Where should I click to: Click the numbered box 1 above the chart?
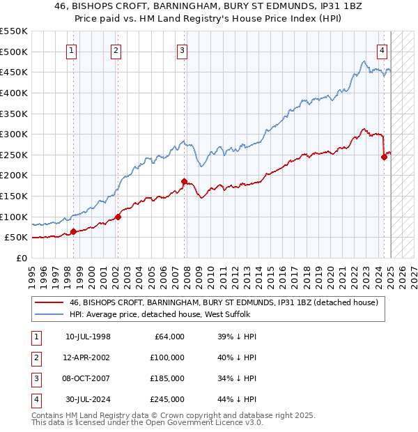72,50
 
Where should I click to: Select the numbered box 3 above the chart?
182,50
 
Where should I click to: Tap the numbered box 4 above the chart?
382,50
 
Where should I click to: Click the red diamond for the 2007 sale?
185,182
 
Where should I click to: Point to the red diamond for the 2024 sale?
384,157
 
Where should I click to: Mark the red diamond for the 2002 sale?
118,217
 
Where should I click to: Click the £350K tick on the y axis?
14,114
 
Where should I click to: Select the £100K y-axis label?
14,217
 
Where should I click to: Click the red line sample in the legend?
49,302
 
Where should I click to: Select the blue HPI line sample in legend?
49,314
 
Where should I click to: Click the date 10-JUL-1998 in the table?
88,337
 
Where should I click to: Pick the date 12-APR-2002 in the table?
88,357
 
